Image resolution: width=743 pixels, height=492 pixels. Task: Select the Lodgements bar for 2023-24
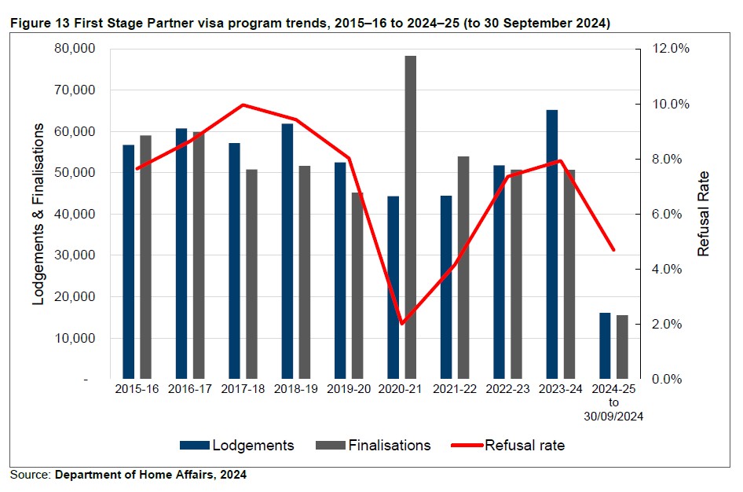click(x=552, y=244)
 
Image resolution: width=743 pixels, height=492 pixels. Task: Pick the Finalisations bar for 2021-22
click(x=463, y=267)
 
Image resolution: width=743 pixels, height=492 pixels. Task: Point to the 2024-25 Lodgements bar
click(x=605, y=346)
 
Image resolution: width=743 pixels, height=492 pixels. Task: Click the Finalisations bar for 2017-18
click(x=251, y=274)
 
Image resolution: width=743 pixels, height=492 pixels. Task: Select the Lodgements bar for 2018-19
click(x=287, y=252)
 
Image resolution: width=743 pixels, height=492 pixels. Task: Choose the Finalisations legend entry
click(x=373, y=445)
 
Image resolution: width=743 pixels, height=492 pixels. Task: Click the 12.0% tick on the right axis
click(x=670, y=49)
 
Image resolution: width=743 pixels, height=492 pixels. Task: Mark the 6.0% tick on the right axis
click(x=670, y=214)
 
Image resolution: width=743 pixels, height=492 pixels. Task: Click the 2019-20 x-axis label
click(x=349, y=389)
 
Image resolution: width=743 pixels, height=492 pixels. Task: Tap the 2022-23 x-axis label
click(x=507, y=389)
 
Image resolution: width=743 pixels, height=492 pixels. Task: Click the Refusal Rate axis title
click(x=704, y=214)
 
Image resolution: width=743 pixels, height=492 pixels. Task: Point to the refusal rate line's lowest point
click(x=401, y=323)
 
